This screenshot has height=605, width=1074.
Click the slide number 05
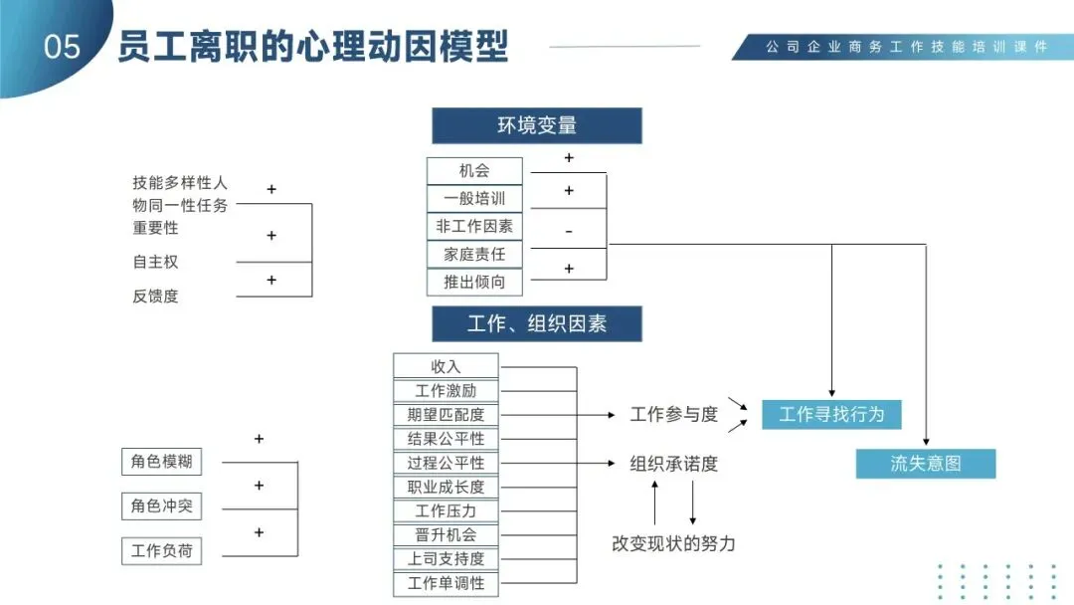[62, 47]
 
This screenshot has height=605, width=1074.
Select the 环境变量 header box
[536, 125]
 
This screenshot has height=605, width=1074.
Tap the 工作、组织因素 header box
[536, 323]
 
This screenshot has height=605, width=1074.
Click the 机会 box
[474, 170]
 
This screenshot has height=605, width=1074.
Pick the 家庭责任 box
[474, 254]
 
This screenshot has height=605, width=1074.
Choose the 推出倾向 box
[474, 282]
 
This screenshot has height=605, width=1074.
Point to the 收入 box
[446, 366]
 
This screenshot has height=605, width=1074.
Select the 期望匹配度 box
[446, 414]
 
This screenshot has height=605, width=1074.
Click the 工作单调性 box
[446, 583]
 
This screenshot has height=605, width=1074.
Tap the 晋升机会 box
[446, 534]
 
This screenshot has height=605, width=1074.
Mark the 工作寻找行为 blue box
[831, 414]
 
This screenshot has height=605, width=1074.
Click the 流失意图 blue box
[925, 463]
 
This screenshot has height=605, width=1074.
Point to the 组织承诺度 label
[673, 463]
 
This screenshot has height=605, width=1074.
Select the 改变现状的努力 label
[673, 543]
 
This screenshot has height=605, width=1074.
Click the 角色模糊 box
[161, 462]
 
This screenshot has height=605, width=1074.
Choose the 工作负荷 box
[161, 550]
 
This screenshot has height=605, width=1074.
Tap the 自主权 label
[155, 262]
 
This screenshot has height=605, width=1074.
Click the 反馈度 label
[155, 296]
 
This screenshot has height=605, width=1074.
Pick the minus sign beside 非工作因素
[569, 231]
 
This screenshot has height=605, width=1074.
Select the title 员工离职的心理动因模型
[313, 47]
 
